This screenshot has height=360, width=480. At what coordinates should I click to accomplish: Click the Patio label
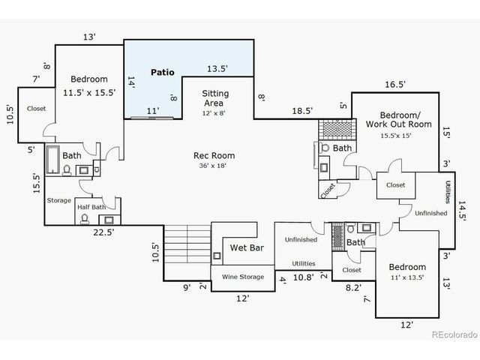point(162,73)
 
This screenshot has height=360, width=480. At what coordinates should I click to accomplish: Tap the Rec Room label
point(209,155)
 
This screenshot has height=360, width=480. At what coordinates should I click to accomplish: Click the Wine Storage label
point(242,277)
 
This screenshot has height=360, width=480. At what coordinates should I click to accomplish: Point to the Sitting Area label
point(216,98)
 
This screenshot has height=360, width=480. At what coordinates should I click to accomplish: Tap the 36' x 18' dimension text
point(209,166)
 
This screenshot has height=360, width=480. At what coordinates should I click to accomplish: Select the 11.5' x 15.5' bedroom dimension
point(89,93)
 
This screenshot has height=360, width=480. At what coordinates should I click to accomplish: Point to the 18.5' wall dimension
point(302,111)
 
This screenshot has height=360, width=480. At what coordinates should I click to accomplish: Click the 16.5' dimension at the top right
point(395,85)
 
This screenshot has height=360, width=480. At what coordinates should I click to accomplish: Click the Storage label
point(58,200)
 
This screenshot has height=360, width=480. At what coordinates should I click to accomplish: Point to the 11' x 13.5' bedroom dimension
point(406,277)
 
